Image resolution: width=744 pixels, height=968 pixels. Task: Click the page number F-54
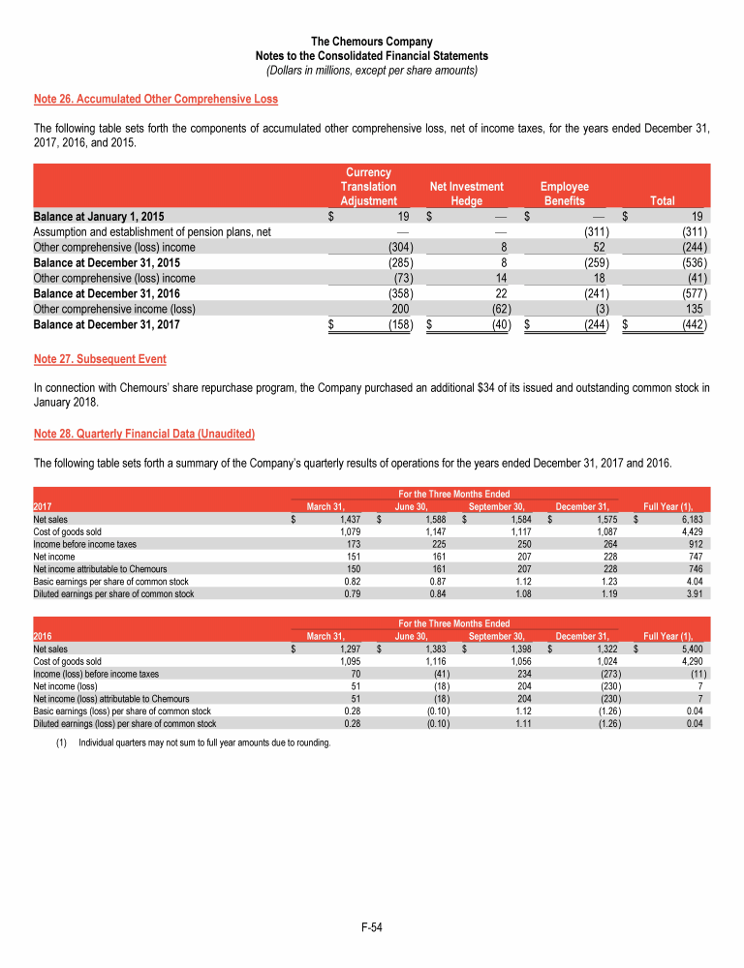click(x=371, y=928)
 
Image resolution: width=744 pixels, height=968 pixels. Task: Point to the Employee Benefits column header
click(x=563, y=194)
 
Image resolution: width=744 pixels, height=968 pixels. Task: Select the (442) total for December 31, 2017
click(x=692, y=325)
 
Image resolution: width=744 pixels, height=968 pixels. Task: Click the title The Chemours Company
click(x=371, y=42)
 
